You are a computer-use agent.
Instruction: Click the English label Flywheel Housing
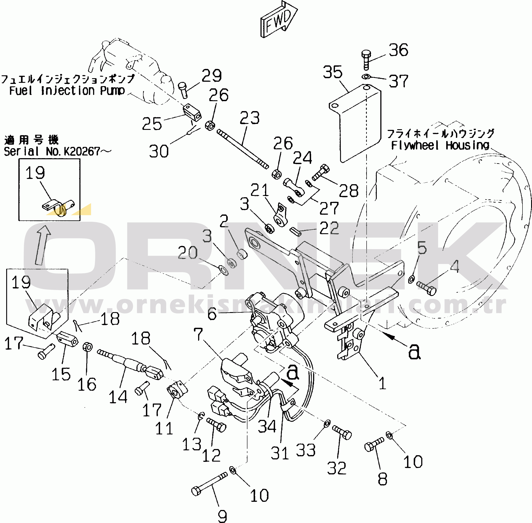tap(440, 145)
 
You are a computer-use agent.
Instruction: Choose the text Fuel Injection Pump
tap(67, 91)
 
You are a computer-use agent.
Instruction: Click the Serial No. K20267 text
tap(57, 151)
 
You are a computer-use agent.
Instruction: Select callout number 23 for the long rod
tap(249, 118)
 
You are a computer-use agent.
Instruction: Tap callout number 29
tap(211, 76)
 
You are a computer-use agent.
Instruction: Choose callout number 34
tap(267, 426)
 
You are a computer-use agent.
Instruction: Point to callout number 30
tap(159, 151)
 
